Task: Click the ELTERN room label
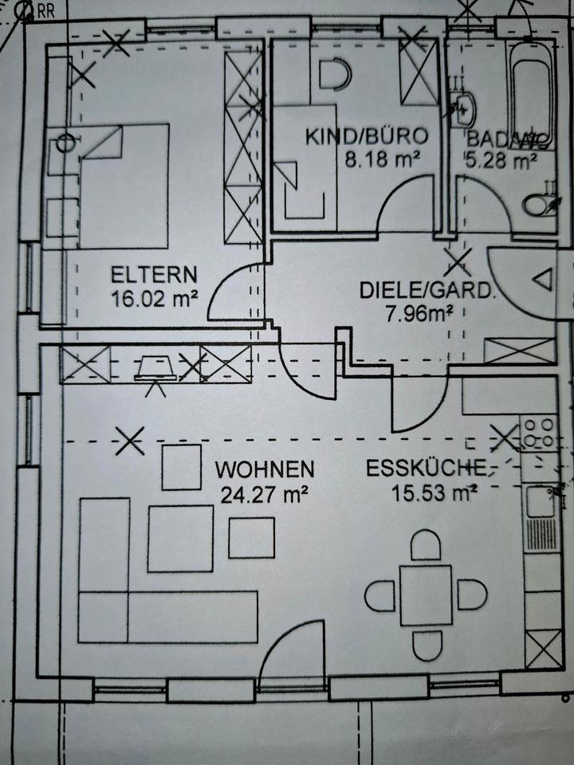click(154, 276)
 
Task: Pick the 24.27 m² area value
click(264, 495)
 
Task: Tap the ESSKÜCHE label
click(425, 469)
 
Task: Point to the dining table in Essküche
click(426, 595)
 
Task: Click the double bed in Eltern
click(123, 186)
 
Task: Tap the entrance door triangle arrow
click(545, 280)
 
